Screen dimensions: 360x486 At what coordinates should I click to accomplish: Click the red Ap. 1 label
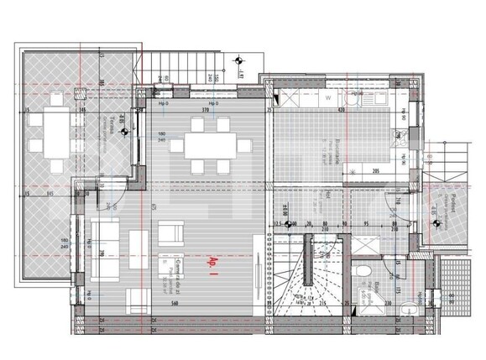212,265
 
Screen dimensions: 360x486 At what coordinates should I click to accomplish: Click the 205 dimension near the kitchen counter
377,170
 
